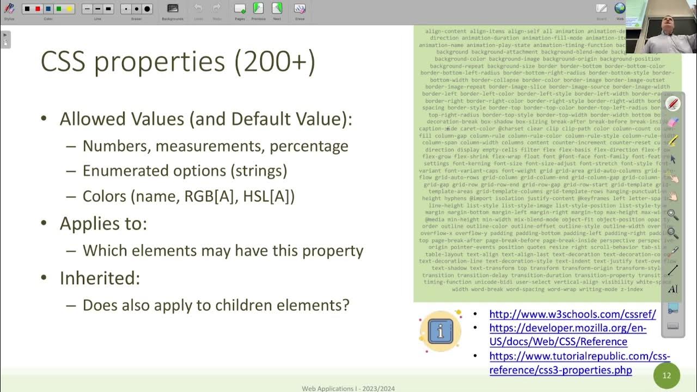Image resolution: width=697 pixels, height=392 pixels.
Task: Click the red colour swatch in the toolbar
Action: [37, 9]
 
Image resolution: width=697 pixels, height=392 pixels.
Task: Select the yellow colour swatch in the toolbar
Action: [69, 9]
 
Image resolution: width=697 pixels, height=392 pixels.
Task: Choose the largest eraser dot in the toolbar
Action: [147, 9]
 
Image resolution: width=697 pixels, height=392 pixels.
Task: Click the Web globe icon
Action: [620, 9]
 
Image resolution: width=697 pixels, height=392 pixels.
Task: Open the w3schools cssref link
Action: [572, 314]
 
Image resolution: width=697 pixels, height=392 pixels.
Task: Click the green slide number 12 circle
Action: [667, 376]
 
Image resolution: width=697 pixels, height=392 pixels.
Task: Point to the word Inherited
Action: [100, 278]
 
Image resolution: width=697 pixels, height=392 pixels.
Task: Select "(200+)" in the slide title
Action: [275, 62]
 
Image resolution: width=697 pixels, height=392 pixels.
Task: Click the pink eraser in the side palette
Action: [673, 122]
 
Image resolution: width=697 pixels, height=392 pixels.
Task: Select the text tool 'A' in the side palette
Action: [673, 289]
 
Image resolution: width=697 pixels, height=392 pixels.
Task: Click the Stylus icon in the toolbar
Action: [9, 9]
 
